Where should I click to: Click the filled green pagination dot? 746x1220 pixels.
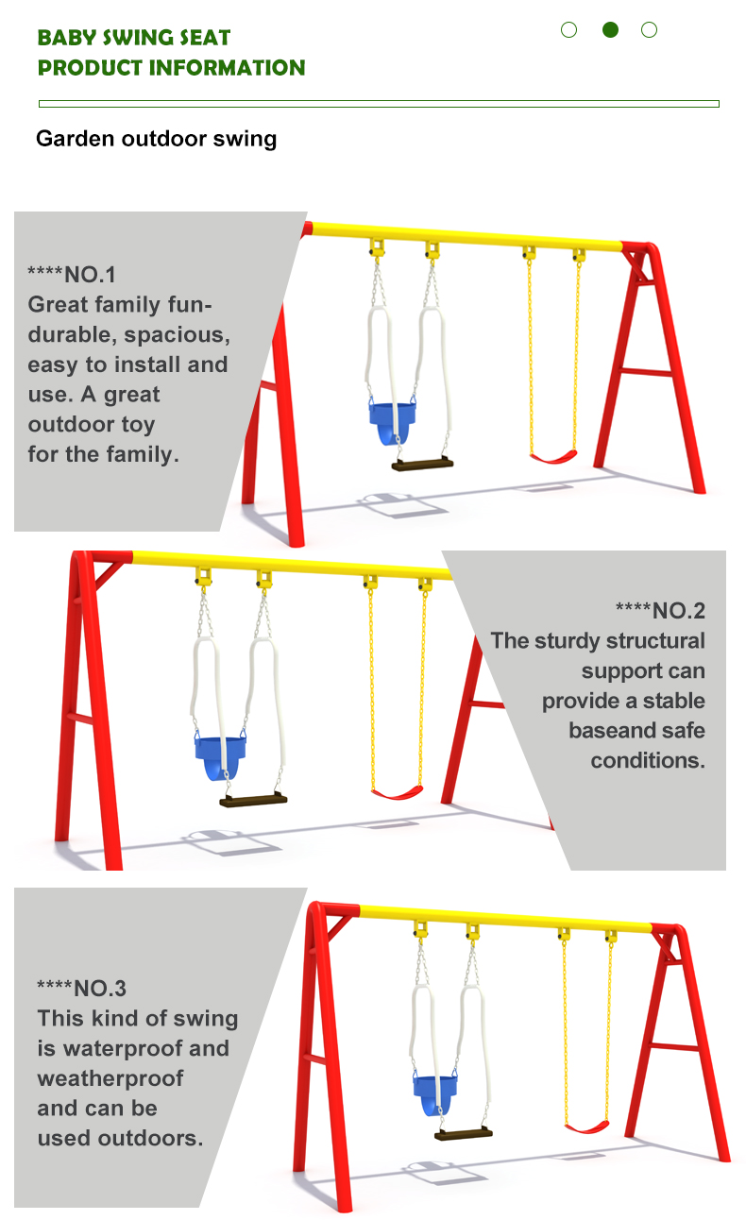pos(610,29)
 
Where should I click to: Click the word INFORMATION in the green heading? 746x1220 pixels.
pos(227,68)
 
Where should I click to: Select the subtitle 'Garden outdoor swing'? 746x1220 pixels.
pos(156,139)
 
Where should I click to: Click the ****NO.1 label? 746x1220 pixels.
pos(72,275)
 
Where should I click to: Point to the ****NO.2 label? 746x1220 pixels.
pos(660,611)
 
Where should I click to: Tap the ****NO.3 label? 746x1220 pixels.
pos(81,988)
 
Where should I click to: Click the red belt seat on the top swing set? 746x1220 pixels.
pos(553,456)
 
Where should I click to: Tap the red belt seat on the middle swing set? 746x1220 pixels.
pos(397,792)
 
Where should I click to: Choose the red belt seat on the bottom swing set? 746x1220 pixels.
pos(586,1127)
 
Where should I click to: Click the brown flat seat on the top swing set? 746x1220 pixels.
pos(422,465)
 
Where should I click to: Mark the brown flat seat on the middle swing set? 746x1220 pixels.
pos(253,800)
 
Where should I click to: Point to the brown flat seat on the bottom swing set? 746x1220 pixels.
pos(464,1134)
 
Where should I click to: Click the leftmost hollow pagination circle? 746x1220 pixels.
pos(569,29)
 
